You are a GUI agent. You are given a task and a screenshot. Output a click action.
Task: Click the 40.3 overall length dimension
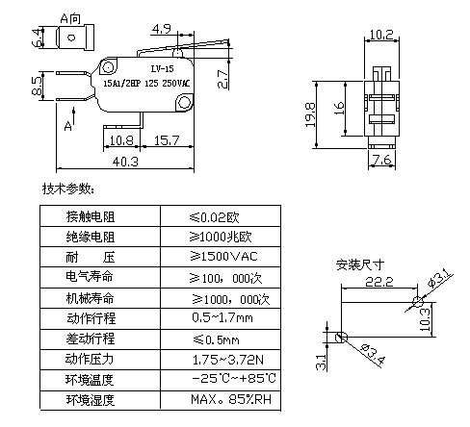125,162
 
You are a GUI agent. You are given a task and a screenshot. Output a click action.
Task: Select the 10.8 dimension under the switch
121,140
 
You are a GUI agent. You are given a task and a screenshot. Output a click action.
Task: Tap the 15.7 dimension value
167,140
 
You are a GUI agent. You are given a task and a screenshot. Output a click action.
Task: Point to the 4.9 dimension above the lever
162,29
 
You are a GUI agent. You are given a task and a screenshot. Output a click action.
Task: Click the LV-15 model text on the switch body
162,68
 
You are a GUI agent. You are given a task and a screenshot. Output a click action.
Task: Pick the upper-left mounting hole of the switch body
108,67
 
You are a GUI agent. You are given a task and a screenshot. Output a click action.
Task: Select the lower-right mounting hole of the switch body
184,102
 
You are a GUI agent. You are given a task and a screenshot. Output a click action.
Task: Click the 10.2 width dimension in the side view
381,35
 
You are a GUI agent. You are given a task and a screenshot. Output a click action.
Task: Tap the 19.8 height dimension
310,114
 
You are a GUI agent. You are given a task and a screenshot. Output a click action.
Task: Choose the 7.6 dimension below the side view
381,160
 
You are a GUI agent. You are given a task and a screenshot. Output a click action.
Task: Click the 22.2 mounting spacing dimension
379,282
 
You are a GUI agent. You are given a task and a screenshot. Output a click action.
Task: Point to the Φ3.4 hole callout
373,354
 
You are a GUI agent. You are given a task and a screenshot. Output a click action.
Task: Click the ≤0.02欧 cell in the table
214,217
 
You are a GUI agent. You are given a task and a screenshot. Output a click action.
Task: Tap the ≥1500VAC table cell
223,256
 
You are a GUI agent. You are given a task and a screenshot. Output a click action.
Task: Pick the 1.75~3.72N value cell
228,360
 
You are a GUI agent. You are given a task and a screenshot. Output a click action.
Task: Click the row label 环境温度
90,380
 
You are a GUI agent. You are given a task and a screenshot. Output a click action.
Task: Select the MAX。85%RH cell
231,399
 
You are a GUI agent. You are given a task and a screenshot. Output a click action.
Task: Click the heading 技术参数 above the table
68,188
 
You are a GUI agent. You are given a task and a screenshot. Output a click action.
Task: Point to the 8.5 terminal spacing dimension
38,86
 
